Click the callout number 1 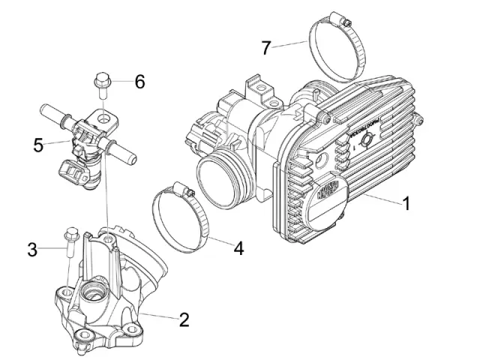(x=406, y=202)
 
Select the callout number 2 (x=183, y=320)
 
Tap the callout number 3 (x=31, y=249)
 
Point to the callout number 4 (x=238, y=248)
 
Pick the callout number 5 (x=38, y=144)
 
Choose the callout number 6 (x=139, y=82)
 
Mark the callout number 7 (x=265, y=47)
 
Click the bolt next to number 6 (x=103, y=84)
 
